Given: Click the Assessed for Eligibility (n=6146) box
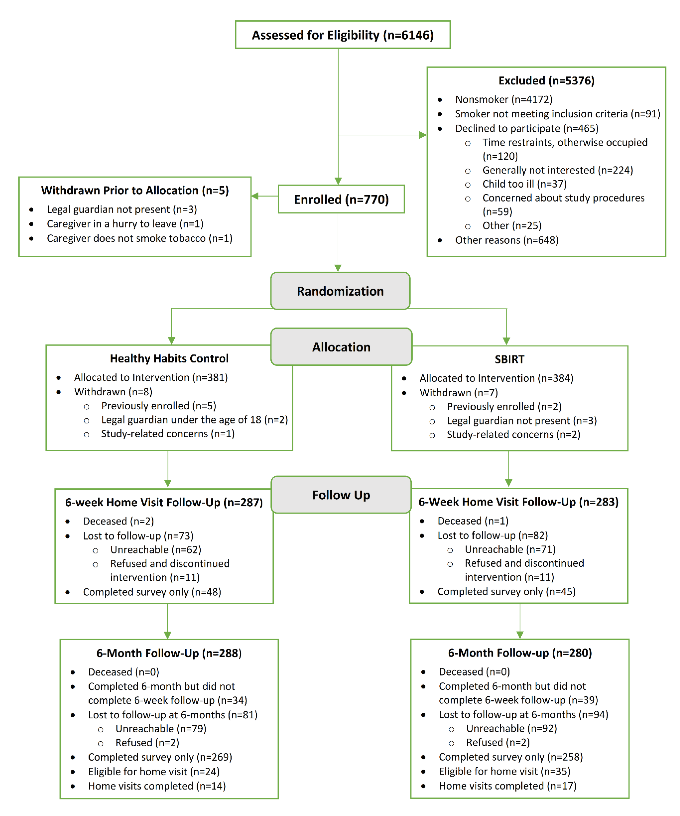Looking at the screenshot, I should [x=343, y=35].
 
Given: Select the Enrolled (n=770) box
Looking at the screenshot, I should [x=341, y=199].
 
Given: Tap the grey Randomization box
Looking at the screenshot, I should [x=340, y=291].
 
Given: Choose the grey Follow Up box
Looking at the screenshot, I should [x=341, y=495].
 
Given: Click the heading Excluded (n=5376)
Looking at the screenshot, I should [x=546, y=80].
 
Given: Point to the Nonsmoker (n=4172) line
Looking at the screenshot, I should [x=503, y=100].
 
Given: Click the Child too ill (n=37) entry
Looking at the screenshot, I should [x=524, y=184].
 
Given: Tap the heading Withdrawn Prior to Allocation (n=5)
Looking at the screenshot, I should [x=135, y=190].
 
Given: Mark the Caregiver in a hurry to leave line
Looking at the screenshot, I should [x=125, y=224].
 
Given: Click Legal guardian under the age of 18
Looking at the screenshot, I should [x=194, y=420].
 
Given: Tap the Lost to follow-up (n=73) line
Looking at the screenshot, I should [x=138, y=536].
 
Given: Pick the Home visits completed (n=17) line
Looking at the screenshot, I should [x=507, y=786].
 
